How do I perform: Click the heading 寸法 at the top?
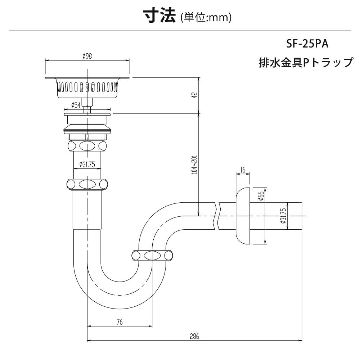tap(159, 16)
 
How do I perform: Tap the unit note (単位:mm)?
tap(206, 17)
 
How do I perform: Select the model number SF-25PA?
tap(307, 44)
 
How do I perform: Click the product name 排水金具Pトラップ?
tap(306, 62)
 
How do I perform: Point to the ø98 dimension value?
tap(87, 56)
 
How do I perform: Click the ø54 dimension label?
tap(76, 105)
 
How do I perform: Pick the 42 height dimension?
tap(195, 95)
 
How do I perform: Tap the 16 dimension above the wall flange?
tap(243, 170)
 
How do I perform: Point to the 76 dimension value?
tap(120, 322)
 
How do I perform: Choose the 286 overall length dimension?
tap(194, 337)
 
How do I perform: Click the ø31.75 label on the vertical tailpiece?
tap(87, 165)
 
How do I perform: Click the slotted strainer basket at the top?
tap(87, 88)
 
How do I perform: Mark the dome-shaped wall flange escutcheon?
tap(243, 216)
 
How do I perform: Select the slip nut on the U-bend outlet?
tap(152, 256)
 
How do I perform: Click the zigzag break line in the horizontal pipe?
tap(217, 216)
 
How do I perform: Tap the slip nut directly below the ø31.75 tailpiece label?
tap(87, 184)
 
